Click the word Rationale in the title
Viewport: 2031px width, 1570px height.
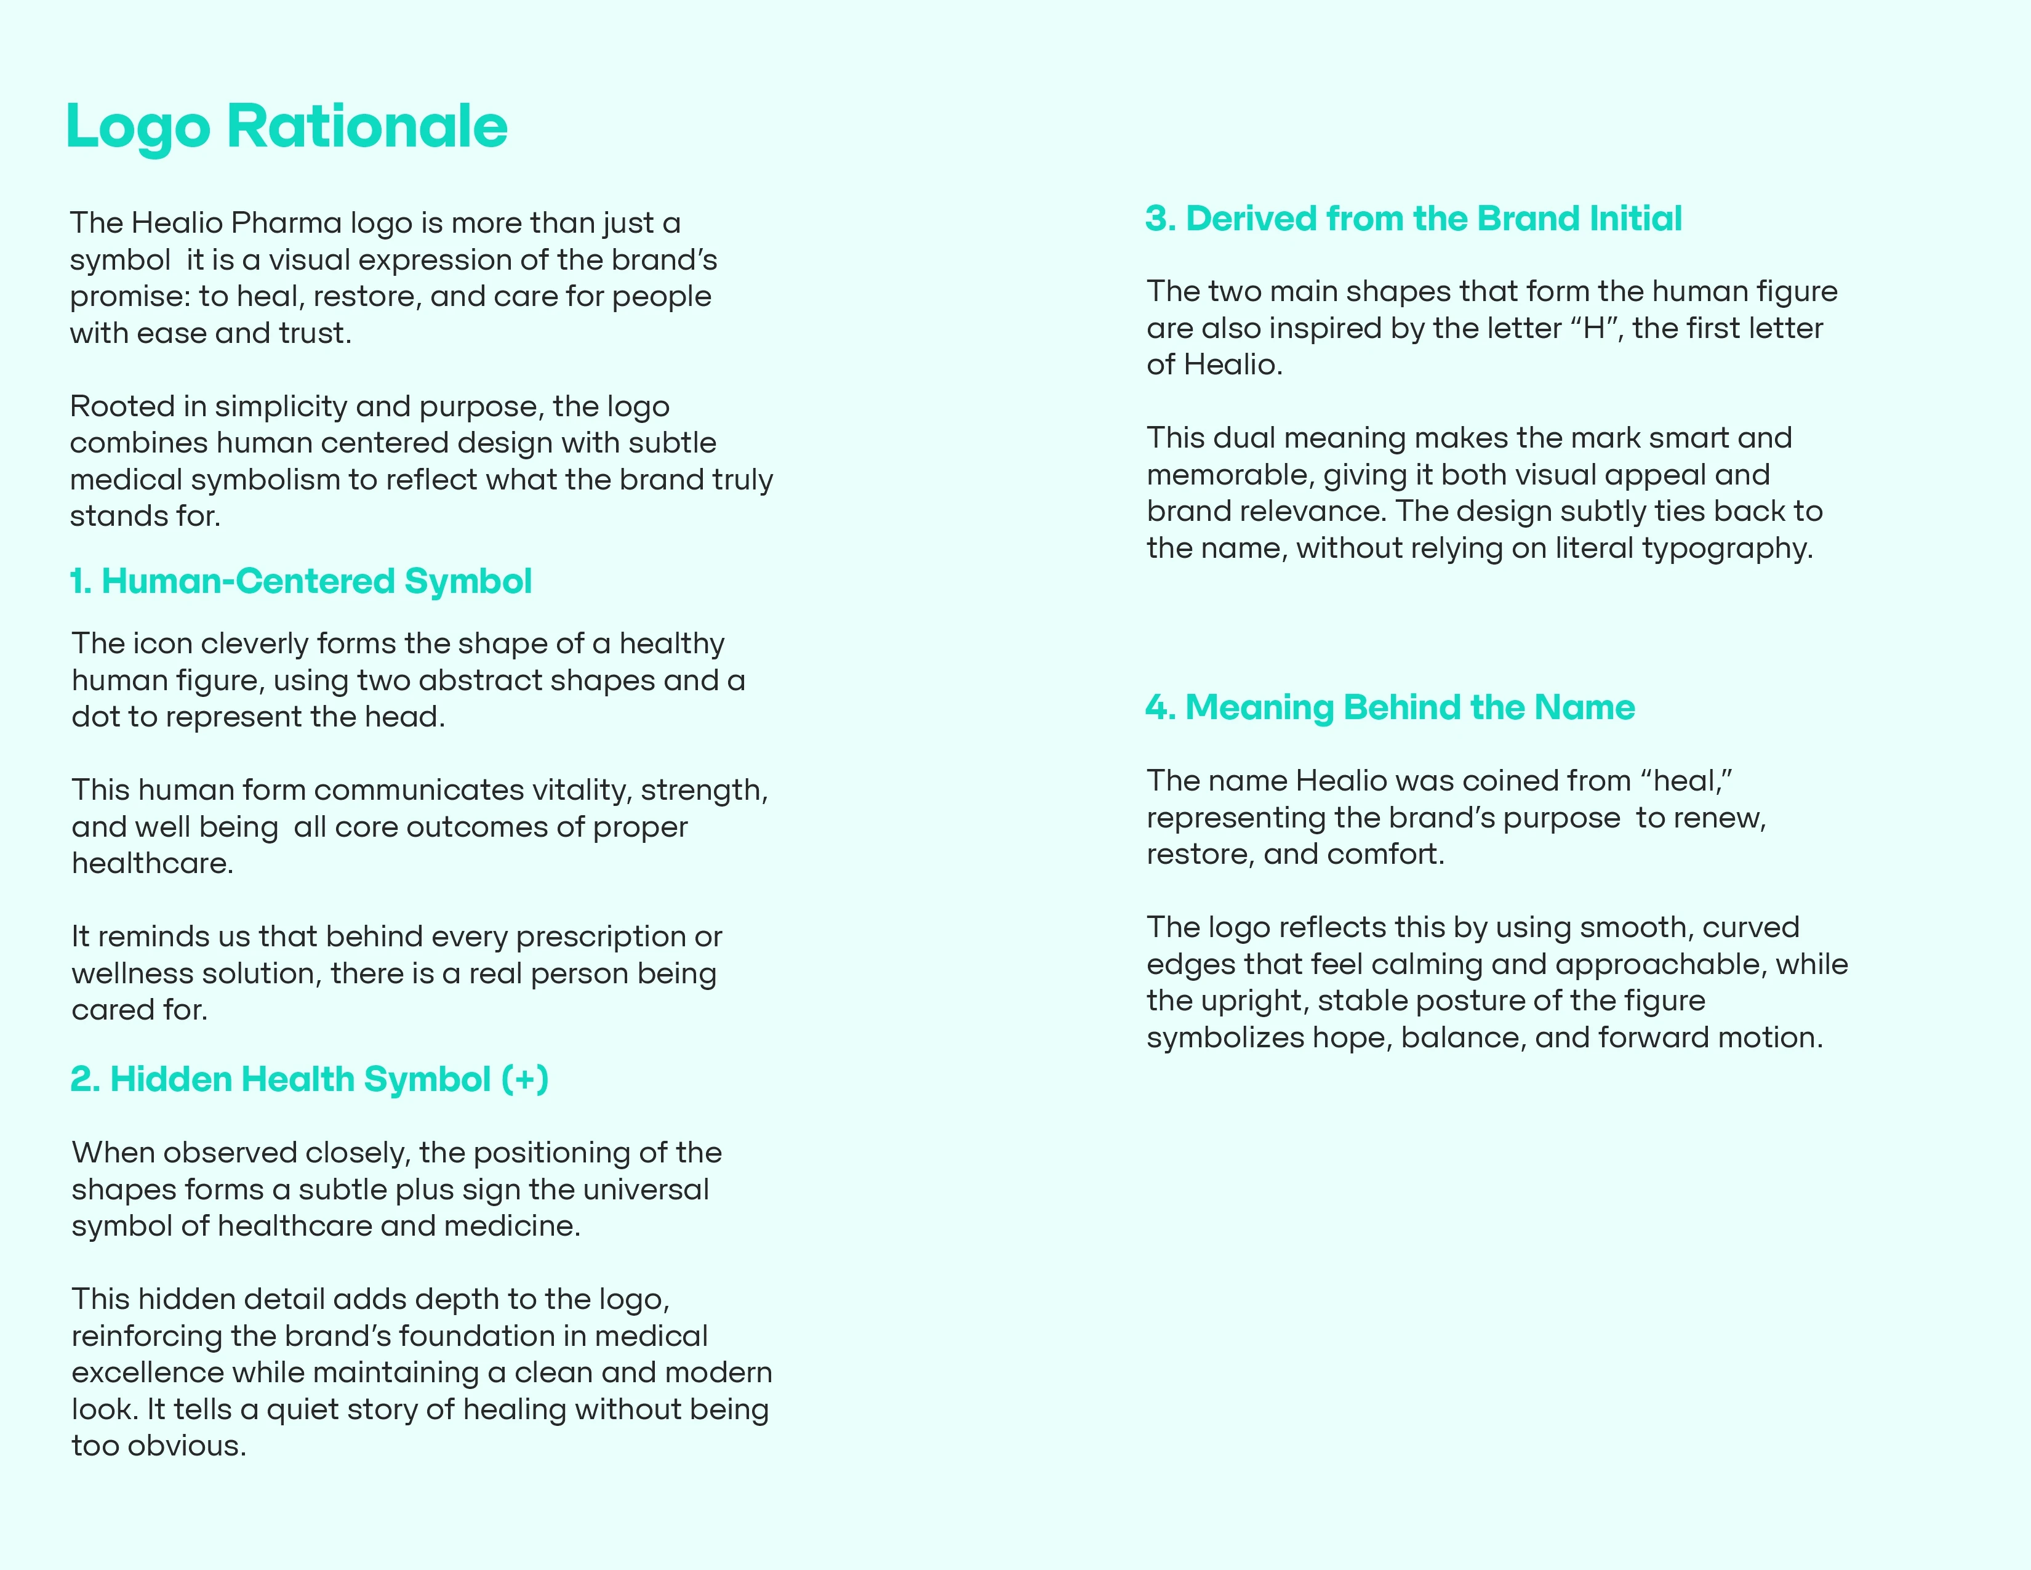367,126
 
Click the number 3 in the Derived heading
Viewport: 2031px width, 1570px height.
1156,219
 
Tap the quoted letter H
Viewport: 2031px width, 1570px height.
1594,328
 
